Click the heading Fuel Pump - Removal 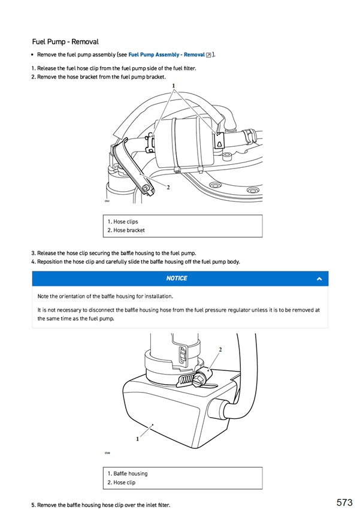click(65, 42)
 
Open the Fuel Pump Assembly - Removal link click(167, 55)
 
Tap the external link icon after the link click(208, 55)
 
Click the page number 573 click(344, 502)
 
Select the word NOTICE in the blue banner click(177, 279)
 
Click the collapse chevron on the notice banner click(319, 279)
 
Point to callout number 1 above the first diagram click(174, 86)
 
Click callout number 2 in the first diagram click(168, 187)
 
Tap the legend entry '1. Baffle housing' click(128, 473)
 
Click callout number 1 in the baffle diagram click(137, 439)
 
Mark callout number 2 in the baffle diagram click(220, 349)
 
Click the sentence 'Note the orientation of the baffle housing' click(105, 297)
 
